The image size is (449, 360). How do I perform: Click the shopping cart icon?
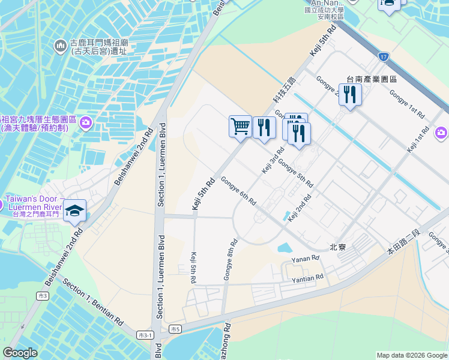click(240, 127)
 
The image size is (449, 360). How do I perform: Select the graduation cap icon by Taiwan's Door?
click(75, 211)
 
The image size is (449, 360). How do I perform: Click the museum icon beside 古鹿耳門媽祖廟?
click(60, 46)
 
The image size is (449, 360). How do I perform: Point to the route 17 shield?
click(383, 57)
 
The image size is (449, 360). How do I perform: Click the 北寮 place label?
click(338, 247)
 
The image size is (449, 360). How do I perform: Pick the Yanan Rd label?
click(304, 260)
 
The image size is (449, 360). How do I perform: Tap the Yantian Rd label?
click(307, 278)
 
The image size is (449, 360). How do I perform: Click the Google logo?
click(20, 353)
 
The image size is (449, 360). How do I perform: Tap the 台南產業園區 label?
click(372, 79)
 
